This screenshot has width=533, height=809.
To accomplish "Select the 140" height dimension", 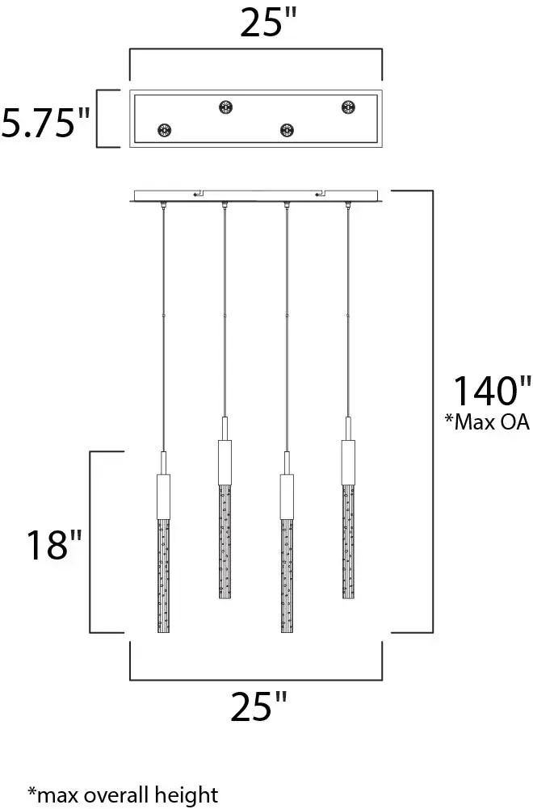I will click(492, 391).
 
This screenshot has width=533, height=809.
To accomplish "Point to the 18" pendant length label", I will click(48, 546).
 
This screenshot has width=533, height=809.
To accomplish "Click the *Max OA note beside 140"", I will click(486, 421).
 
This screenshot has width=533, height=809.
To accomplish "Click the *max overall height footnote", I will click(123, 794).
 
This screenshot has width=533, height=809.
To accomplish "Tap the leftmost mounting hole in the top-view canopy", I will click(165, 130).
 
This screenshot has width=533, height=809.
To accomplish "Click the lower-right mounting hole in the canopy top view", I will click(286, 130).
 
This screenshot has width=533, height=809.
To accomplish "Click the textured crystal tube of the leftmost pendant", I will click(164, 578).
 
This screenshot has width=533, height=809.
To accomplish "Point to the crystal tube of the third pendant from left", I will click(286, 578).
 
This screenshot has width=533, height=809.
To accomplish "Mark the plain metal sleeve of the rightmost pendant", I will click(348, 463).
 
